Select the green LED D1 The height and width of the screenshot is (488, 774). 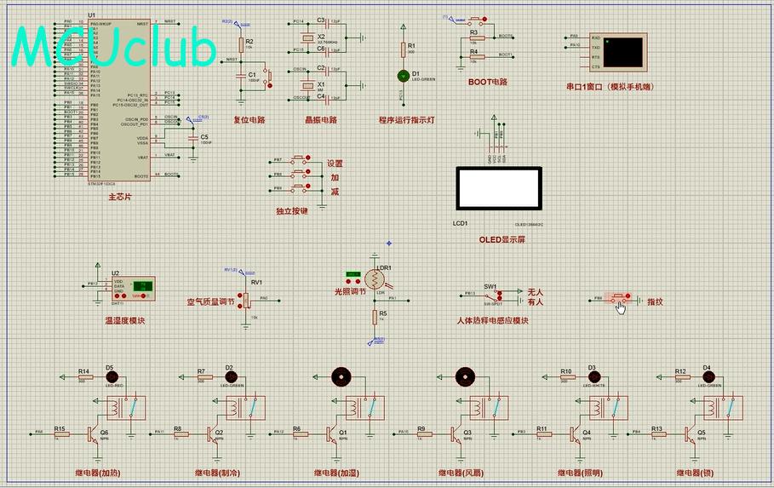[404, 76]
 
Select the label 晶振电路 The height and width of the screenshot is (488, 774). [321, 120]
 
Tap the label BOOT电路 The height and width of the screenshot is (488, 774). [487, 83]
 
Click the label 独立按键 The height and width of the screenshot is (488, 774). [291, 210]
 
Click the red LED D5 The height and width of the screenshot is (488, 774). [110, 376]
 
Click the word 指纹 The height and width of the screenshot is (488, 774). [655, 301]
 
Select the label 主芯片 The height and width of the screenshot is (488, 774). [119, 197]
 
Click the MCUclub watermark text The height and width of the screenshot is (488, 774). [114, 47]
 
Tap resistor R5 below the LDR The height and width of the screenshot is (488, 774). [374, 317]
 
